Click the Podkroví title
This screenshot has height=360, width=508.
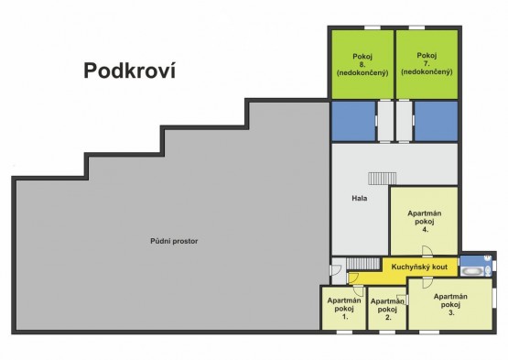(130, 71)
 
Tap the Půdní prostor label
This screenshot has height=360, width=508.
(174, 241)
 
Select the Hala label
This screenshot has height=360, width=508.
(360, 198)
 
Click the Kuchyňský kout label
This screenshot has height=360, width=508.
(419, 267)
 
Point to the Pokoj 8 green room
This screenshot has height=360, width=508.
(362, 64)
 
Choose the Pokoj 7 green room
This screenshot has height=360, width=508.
(427, 64)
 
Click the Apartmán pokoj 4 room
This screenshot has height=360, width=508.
(424, 221)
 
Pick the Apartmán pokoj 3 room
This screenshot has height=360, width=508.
(450, 304)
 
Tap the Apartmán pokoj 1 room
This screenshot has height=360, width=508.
(344, 309)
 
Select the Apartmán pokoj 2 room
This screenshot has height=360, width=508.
(387, 309)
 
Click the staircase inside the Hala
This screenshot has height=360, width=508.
(382, 179)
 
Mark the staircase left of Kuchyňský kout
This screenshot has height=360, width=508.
(363, 263)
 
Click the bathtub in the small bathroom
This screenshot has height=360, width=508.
(472, 271)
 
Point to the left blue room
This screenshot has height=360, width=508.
(353, 121)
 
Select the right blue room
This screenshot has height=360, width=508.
(436, 121)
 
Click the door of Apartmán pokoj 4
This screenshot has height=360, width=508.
(427, 251)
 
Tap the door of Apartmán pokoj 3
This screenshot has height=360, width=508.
(427, 282)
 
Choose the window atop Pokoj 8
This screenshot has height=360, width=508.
(373, 27)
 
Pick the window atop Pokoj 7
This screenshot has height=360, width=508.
(416, 27)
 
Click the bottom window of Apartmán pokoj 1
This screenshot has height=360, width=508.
(344, 333)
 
